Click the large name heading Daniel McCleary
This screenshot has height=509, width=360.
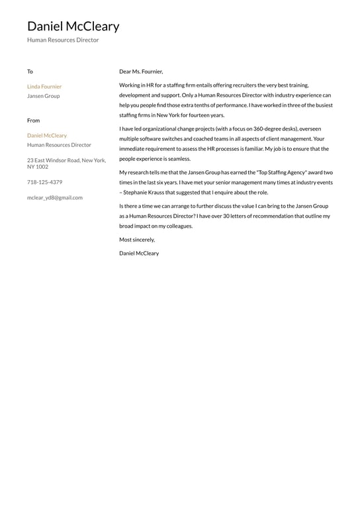[73, 26]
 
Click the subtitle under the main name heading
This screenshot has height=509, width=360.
[63, 40]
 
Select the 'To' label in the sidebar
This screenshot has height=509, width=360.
[30, 71]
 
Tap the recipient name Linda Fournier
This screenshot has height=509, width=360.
[44, 87]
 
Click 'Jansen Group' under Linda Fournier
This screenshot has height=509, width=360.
[43, 96]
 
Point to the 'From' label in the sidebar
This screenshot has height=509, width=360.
[33, 120]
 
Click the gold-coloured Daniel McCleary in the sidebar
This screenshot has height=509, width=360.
[47, 136]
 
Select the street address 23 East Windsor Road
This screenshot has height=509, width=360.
[66, 160]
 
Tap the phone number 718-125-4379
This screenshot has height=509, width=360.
[45, 182]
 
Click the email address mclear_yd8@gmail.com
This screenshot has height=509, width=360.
[55, 197]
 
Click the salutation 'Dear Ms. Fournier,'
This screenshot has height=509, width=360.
[141, 71]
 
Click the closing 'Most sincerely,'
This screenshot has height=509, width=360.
[137, 240]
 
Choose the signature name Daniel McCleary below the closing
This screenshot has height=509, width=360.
[139, 254]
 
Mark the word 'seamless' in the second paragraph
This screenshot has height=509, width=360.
[177, 159]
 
